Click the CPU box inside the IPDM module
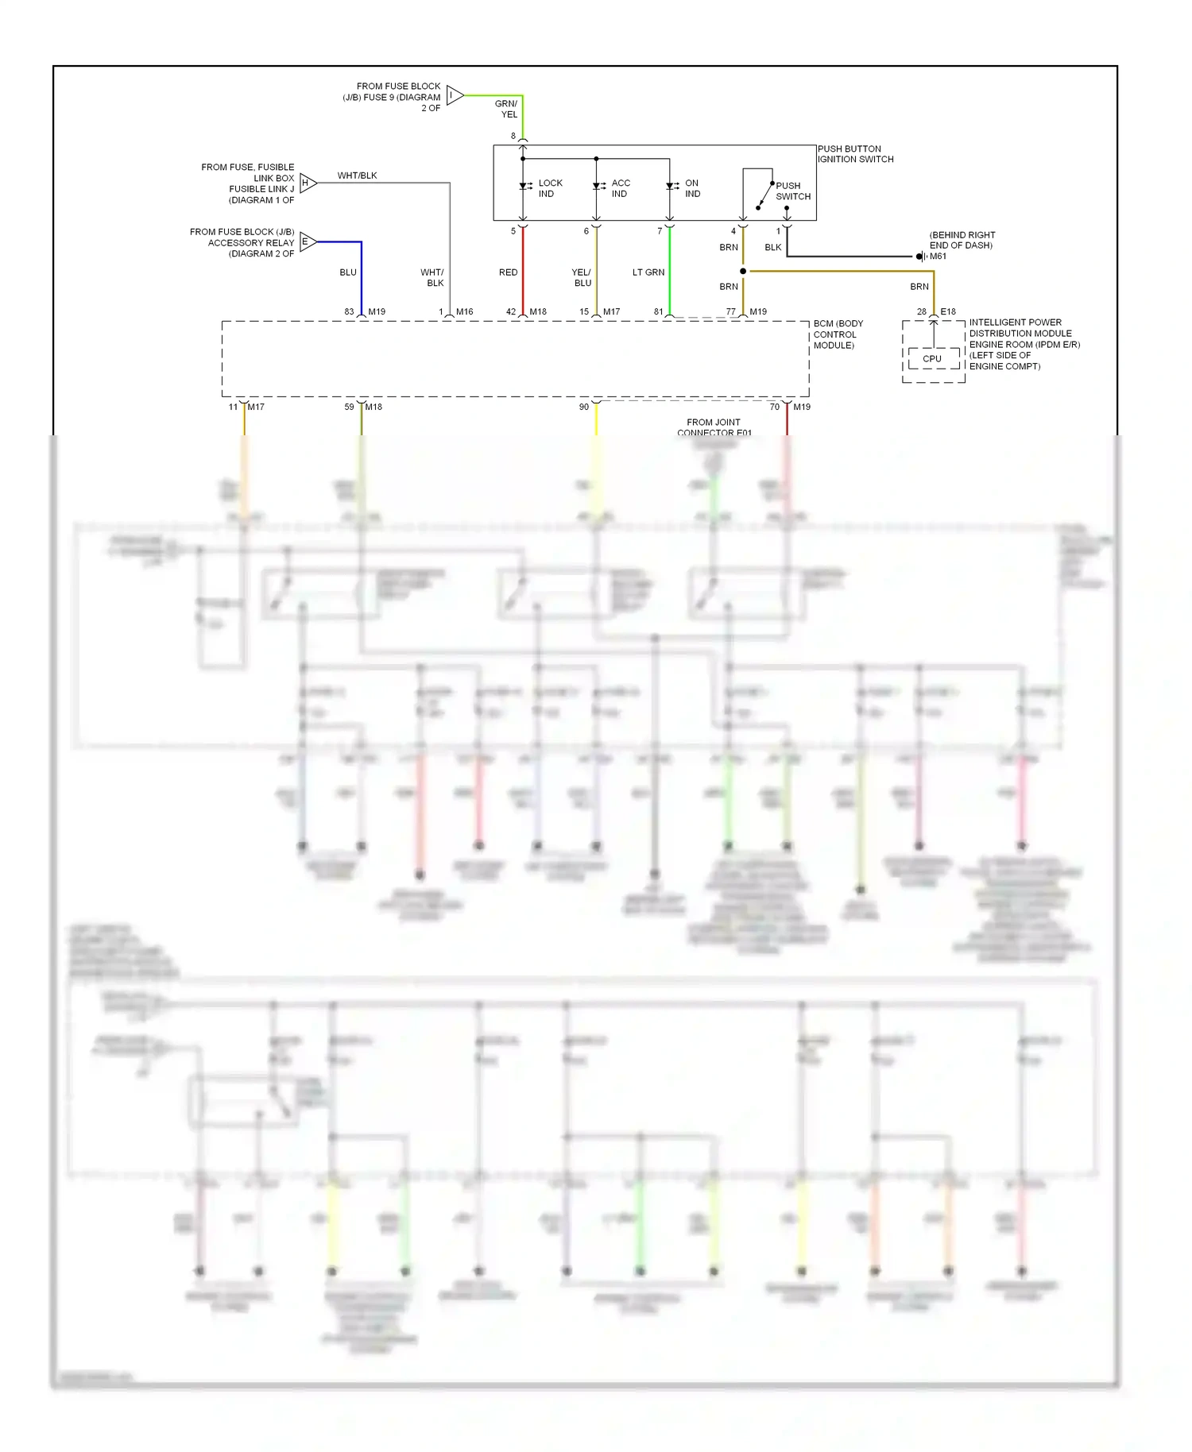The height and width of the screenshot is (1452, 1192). coord(932,359)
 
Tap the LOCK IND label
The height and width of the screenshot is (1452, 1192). coord(550,188)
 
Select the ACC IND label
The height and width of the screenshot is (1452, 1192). coord(621,188)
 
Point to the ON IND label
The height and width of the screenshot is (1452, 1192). coord(692,188)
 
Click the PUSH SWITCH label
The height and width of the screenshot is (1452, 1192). coord(793,191)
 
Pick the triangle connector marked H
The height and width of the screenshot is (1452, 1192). coord(308,183)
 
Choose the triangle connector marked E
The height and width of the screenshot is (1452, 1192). coord(308,241)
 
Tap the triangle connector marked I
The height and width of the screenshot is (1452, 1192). coord(454,95)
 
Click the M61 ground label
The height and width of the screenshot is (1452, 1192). coord(938,257)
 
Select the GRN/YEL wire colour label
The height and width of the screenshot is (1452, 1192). coord(506,109)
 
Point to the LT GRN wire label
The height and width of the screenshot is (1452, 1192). coord(648,272)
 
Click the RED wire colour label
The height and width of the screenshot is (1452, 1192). coord(508,272)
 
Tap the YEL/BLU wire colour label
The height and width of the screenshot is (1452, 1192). coord(582,277)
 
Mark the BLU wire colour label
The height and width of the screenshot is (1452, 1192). coord(348,272)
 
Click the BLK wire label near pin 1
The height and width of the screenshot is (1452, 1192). coord(772,248)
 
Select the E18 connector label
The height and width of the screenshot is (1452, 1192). coord(948,312)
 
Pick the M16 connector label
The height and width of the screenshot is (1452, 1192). coord(464,312)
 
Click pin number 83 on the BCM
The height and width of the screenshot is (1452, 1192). coord(349,312)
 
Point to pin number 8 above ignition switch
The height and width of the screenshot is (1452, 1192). coord(513,136)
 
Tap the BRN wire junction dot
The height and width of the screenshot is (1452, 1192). coord(743,272)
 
